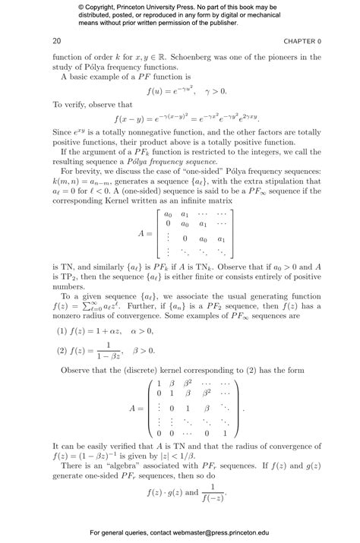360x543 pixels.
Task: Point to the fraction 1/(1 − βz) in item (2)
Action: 106,350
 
